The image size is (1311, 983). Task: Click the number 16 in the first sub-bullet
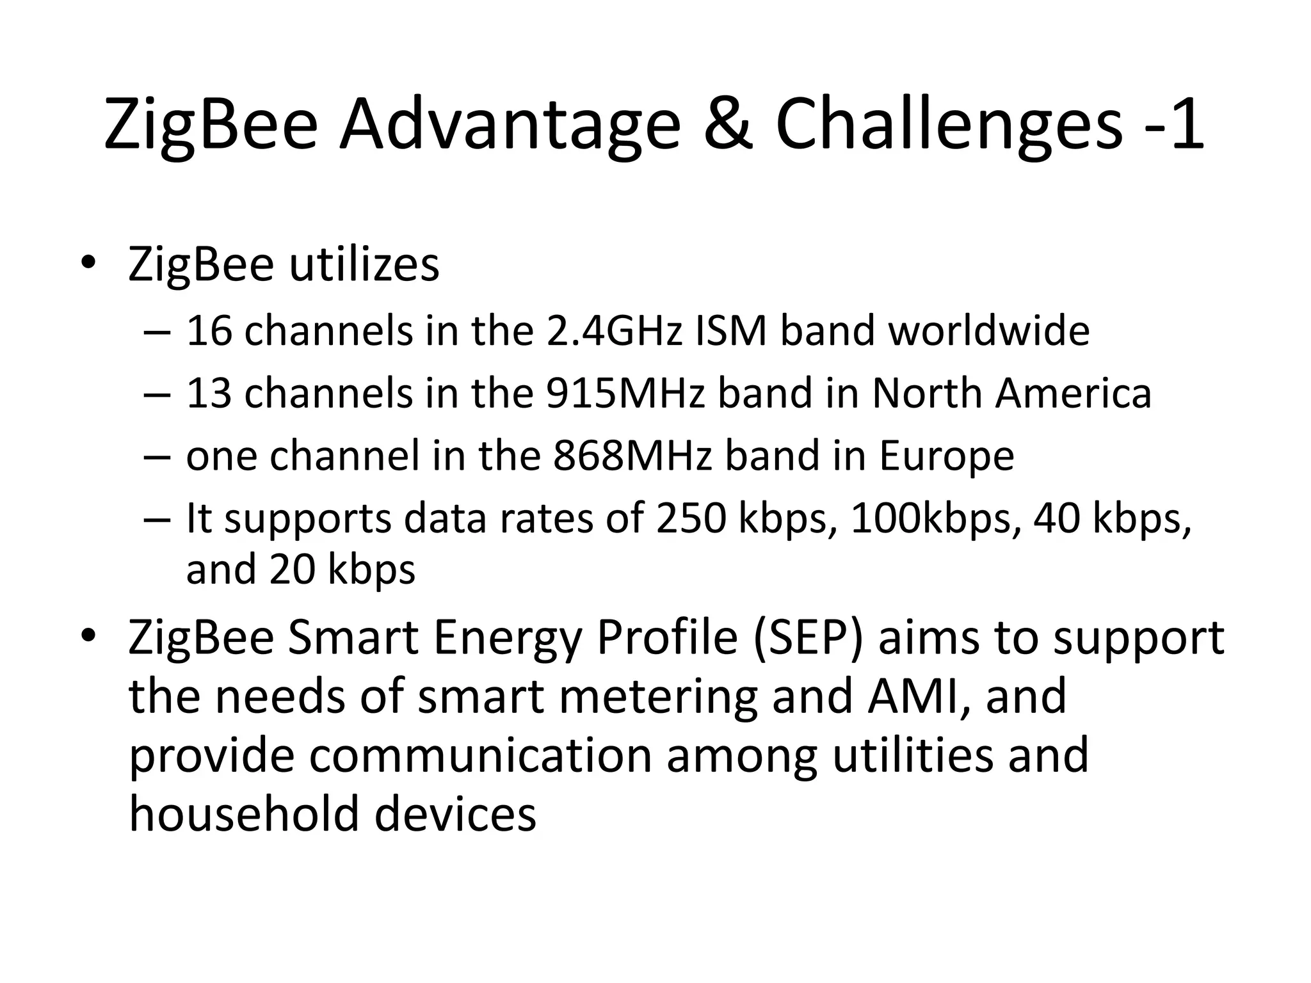click(209, 331)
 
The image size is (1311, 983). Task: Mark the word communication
click(481, 755)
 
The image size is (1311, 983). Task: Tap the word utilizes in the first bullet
click(364, 264)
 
